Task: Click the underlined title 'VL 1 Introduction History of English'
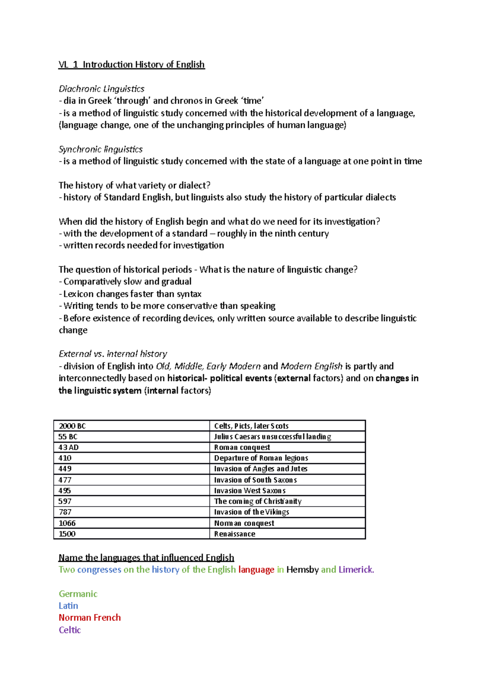(x=131, y=64)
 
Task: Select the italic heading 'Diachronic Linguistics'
(x=101, y=89)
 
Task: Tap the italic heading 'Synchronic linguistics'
(x=100, y=149)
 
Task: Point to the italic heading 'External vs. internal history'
(x=113, y=353)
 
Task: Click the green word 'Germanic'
(x=78, y=594)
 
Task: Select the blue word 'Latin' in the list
(x=68, y=606)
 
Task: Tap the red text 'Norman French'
(x=89, y=617)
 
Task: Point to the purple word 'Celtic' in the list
(x=70, y=630)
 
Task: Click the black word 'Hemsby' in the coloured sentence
(x=302, y=569)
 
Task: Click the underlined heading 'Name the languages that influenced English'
(x=146, y=558)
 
